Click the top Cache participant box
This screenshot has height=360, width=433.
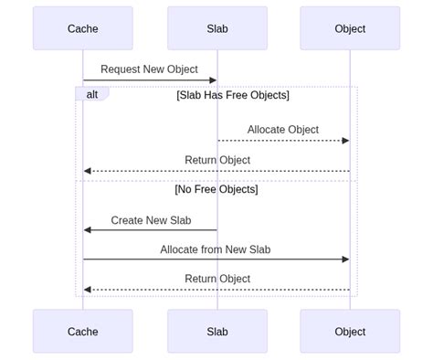coord(82,28)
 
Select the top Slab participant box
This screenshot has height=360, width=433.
coord(217,28)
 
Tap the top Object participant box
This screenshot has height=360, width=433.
coord(350,28)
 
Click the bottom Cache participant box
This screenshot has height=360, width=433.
coord(82,332)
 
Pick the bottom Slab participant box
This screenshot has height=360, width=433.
coord(217,332)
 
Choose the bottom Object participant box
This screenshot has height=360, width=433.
coord(350,332)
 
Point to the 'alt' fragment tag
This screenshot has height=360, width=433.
coord(92,94)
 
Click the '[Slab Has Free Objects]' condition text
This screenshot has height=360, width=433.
coord(233,95)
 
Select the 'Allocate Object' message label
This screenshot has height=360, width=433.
coord(283,130)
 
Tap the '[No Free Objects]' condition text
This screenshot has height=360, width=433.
coord(216,189)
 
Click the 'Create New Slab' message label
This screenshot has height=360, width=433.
coord(151,220)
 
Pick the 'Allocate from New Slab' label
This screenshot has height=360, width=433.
coord(216,249)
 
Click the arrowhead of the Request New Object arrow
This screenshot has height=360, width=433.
coord(213,80)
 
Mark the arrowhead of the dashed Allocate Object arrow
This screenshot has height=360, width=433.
coord(345,141)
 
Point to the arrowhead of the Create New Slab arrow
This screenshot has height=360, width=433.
coord(88,230)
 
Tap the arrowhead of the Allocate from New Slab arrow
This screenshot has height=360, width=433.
coord(345,259)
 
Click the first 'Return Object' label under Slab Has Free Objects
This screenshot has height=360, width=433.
coord(217,160)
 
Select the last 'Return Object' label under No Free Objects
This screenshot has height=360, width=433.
coord(217,279)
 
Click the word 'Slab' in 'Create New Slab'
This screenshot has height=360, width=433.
coord(179,220)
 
